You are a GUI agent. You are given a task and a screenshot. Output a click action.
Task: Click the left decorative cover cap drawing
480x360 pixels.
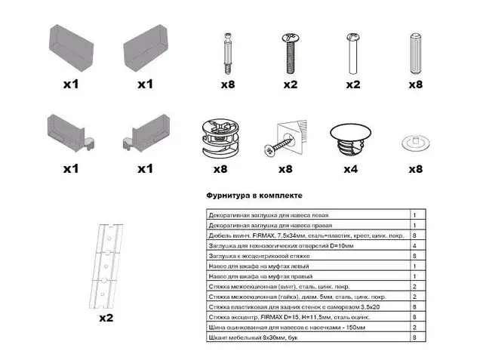click(71, 48)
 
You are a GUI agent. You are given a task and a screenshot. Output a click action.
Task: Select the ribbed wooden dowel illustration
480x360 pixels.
click(416, 54)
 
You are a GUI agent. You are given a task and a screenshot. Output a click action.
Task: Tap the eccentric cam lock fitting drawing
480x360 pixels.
click(220, 140)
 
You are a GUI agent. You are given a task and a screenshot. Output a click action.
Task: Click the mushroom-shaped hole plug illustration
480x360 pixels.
click(350, 140)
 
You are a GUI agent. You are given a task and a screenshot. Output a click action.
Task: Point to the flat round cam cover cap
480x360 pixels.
click(416, 143)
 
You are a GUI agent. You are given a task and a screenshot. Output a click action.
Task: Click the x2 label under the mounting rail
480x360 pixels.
click(106, 318)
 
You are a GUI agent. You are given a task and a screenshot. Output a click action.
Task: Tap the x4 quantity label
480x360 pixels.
click(350, 169)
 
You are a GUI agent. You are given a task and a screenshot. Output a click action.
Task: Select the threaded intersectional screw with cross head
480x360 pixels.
click(291, 54)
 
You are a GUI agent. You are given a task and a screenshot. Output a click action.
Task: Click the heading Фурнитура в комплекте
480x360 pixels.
click(254, 195)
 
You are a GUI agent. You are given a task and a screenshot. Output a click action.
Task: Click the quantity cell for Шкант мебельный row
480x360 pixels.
click(414, 337)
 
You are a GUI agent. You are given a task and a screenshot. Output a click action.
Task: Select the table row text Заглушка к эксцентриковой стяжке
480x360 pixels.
click(259, 256)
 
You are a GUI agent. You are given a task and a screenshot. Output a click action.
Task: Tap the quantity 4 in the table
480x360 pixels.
click(414, 245)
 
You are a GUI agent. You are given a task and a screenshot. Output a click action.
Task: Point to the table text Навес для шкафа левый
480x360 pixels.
click(259, 266)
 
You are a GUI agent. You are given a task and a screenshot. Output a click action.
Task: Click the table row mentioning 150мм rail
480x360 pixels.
click(287, 328)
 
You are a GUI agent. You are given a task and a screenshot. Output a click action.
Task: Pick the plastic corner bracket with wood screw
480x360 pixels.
click(285, 139)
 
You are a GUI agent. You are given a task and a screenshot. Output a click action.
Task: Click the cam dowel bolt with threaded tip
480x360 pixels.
click(228, 54)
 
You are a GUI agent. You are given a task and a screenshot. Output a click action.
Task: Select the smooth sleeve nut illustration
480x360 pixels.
click(352, 54)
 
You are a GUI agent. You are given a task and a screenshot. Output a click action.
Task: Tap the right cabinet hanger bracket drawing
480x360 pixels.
click(146, 133)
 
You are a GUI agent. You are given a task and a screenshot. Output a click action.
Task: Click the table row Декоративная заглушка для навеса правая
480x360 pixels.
click(270, 226)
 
